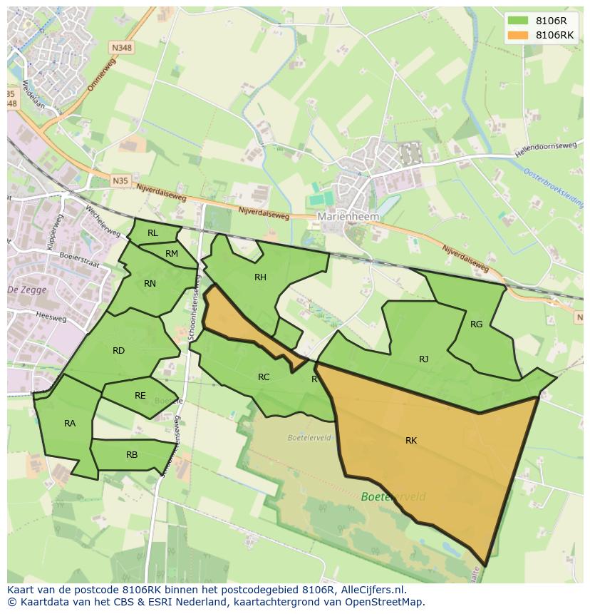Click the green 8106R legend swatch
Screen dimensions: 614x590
coord(518,21)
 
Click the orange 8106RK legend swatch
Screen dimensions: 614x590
coord(518,35)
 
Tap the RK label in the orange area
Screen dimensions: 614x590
coord(411,441)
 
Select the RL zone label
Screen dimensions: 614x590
coord(152,233)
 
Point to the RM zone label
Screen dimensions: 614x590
coord(172,254)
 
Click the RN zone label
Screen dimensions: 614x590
coord(150,284)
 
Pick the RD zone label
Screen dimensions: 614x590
coord(118,351)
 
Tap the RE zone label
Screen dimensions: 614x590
coord(140,396)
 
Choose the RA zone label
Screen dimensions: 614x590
coord(70,424)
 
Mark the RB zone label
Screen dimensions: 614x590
coord(132,455)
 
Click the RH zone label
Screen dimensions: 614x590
coord(260,277)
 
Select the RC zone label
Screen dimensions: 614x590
coord(264,377)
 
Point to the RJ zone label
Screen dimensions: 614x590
coord(424,359)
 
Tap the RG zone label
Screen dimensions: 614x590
coord(477,324)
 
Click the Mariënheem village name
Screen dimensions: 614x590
coord(344,216)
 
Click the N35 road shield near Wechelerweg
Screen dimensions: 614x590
coord(120,181)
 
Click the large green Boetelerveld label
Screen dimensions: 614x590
coord(393,497)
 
